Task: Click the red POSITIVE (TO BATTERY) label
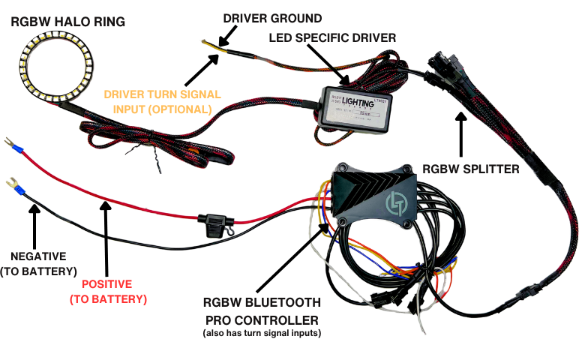click(x=107, y=292)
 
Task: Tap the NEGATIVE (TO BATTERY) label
click(x=37, y=263)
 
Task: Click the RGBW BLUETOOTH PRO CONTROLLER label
click(x=262, y=312)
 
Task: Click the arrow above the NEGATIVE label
click(x=33, y=225)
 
